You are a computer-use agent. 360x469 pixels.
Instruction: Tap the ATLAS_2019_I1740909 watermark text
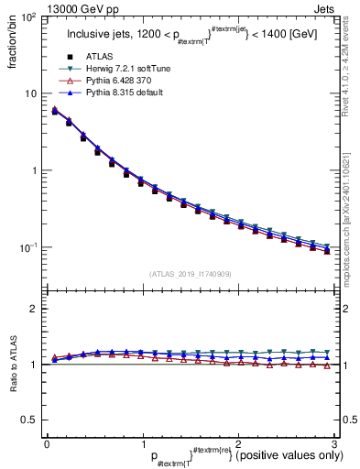click(190, 274)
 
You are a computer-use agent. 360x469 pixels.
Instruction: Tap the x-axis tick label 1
click(142, 443)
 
